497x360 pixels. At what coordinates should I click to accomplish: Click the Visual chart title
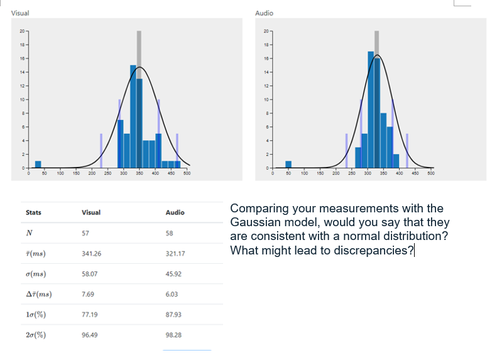[x=20, y=13]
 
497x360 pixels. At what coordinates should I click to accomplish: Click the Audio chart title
[x=265, y=13]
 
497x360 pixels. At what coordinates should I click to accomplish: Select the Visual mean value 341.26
[x=92, y=254]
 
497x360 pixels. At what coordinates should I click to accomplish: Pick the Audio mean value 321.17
[x=175, y=254]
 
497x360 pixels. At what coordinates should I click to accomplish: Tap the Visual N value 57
[x=85, y=233]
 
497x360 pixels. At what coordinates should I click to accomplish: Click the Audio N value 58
[x=169, y=233]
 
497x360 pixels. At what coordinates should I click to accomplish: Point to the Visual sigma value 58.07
[x=90, y=274]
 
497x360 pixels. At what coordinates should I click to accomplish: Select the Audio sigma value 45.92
[x=173, y=274]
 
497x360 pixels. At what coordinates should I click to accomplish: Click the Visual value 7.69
[x=88, y=294]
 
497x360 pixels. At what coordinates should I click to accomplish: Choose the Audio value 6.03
[x=172, y=294]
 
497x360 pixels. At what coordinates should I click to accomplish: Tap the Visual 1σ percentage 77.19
[x=90, y=314]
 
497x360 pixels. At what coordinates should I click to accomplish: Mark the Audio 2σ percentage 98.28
[x=173, y=335]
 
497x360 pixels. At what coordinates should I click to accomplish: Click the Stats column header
[x=33, y=212]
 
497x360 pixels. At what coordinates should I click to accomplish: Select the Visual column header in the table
[x=91, y=212]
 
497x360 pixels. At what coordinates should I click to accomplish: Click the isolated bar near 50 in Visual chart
[x=38, y=165]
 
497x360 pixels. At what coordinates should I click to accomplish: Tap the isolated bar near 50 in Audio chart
[x=288, y=165]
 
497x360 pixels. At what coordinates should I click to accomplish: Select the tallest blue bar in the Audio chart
[x=371, y=109]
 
